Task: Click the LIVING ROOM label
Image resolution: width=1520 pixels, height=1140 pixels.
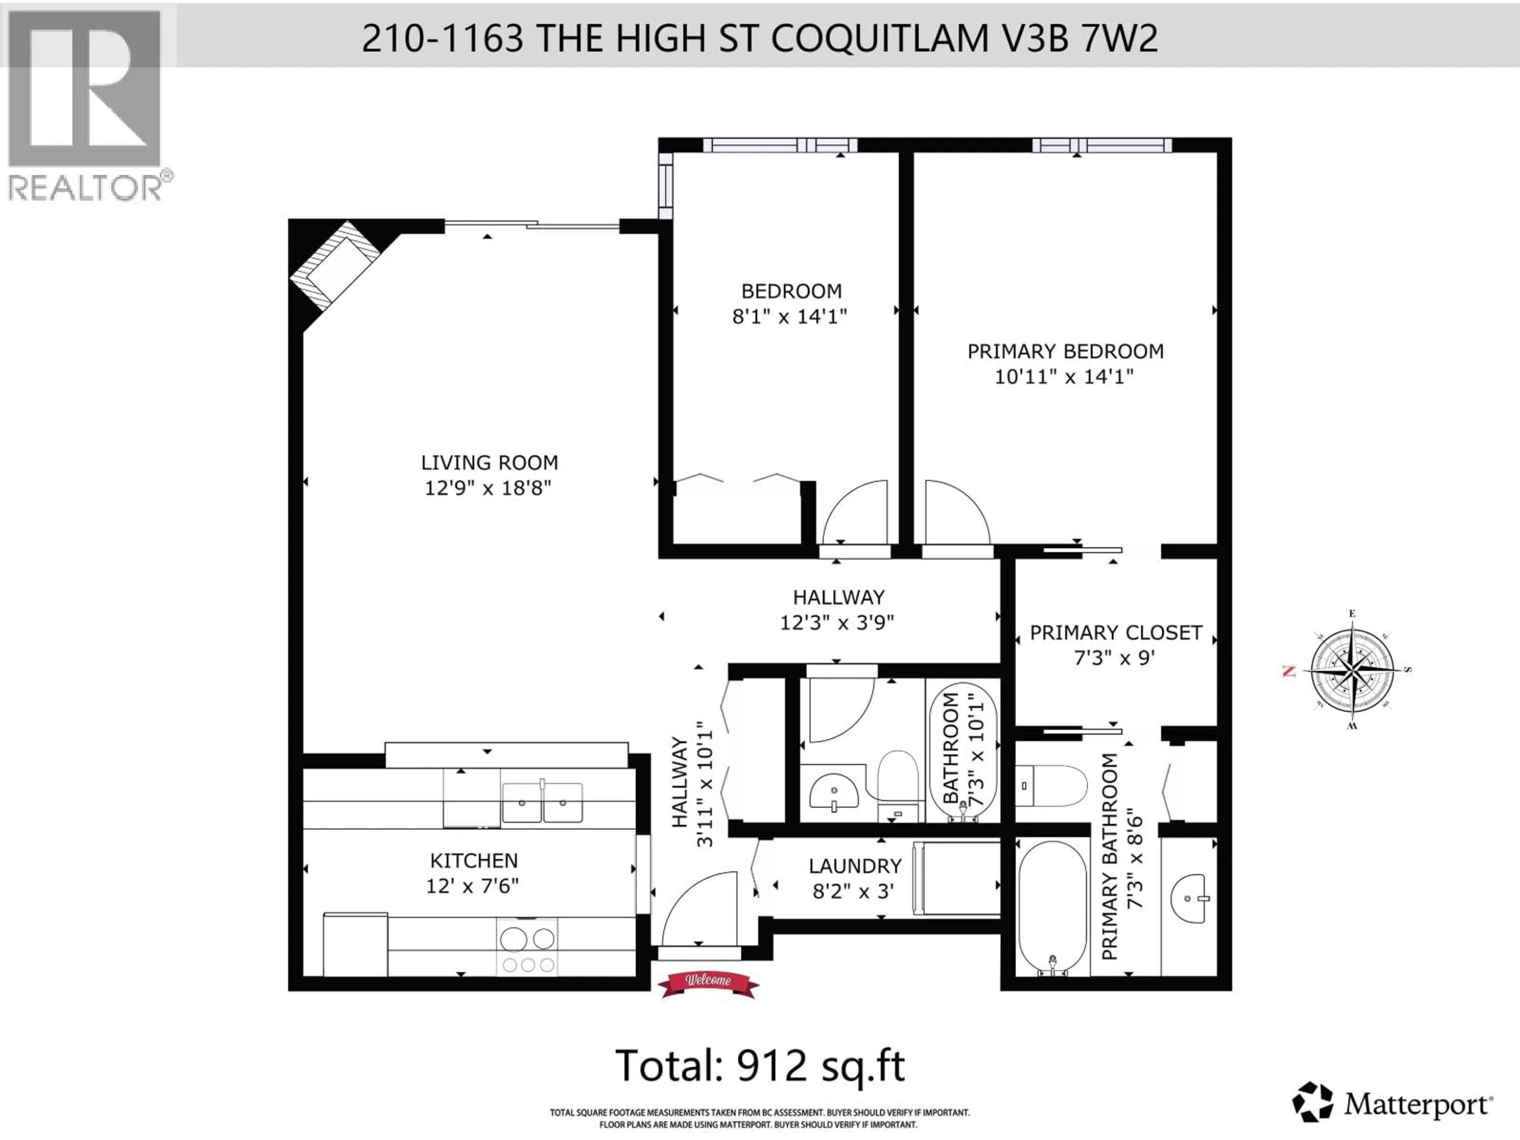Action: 489,462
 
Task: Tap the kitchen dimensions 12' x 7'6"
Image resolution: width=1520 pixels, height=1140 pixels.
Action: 472,886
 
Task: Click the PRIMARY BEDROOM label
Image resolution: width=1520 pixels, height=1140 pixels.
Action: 1065,351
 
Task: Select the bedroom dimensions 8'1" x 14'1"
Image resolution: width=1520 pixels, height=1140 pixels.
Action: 790,317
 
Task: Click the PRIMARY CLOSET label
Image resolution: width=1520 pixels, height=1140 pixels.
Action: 1116,632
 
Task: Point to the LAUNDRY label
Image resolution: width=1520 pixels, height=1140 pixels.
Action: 855,866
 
